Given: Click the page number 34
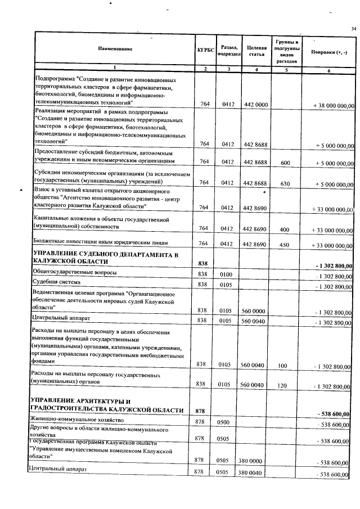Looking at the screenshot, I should pos(353,29).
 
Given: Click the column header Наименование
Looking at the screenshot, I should pos(115,50).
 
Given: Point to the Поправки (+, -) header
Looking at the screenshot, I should pos(328,51).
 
